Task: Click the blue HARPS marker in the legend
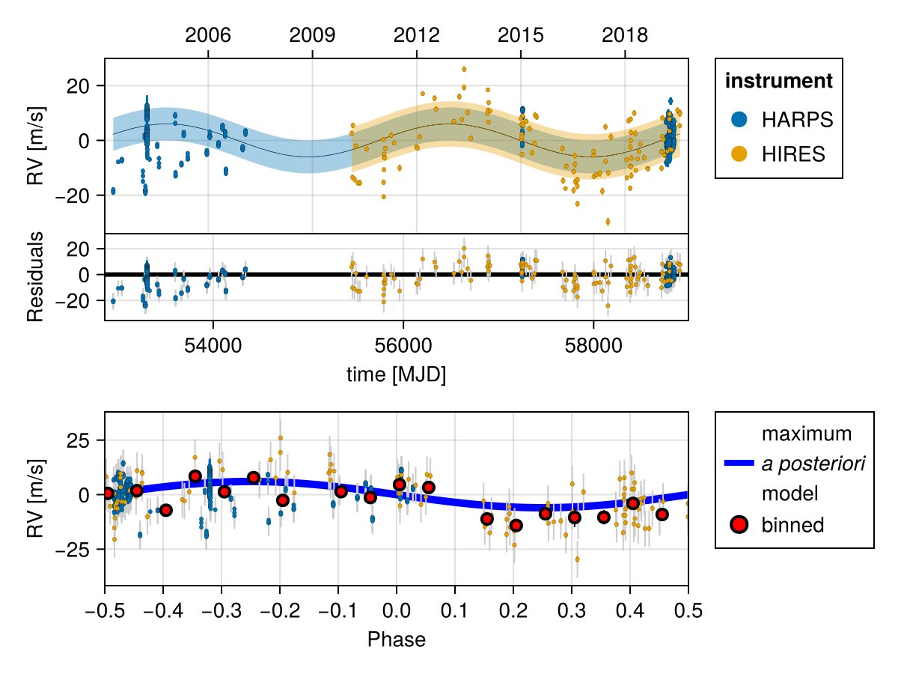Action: pos(739,119)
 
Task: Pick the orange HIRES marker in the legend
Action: pos(739,154)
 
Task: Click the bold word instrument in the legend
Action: pos(779,81)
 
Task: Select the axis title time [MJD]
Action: pos(396,374)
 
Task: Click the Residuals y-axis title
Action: pos(35,277)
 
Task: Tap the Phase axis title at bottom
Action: pos(396,640)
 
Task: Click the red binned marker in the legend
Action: pos(739,525)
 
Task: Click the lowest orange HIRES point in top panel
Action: pos(608,222)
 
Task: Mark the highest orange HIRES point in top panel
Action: pos(464,69)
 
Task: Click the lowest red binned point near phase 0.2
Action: pos(516,525)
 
